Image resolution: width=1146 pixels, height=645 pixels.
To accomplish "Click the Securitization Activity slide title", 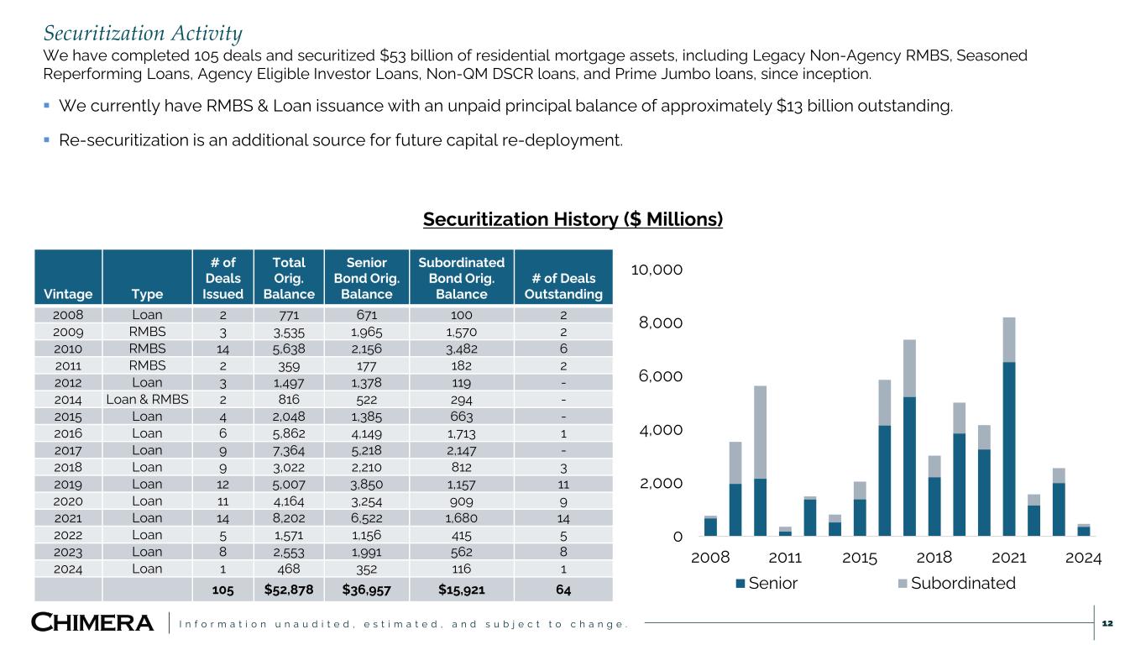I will point(143,34).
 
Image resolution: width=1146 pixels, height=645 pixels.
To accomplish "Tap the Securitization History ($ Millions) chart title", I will point(573,219).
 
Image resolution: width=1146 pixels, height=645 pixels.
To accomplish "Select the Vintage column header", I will point(68,294).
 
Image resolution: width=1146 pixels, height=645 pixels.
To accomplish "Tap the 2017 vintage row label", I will point(68,450).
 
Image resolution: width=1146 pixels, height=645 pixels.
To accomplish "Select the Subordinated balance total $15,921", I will point(461,590).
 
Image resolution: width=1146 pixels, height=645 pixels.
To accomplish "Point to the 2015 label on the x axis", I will point(859,558).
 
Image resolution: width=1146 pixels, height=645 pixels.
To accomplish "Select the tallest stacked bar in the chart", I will point(1008,427).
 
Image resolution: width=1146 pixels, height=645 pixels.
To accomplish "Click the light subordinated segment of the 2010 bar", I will point(760,432).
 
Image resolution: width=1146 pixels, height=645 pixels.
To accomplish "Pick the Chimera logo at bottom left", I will point(92,623).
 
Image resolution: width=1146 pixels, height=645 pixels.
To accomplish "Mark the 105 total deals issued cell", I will point(222,590).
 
